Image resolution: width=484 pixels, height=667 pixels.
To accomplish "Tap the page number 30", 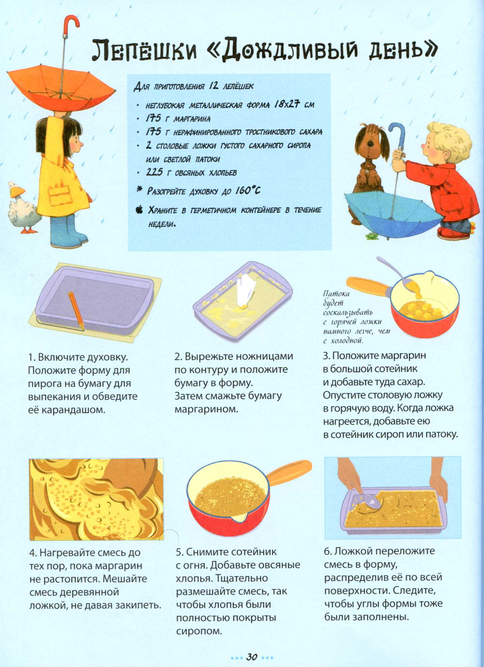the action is pos(252,657).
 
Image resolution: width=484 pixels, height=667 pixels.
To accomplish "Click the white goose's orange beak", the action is pos(17,192).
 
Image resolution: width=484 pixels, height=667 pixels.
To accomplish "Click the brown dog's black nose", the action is pos(370,144).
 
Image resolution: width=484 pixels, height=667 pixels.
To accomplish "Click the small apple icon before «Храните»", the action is pos(139,210).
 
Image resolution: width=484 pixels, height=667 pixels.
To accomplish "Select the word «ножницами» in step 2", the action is pos(264,357).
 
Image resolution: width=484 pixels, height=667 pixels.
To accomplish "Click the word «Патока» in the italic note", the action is pos(336,294).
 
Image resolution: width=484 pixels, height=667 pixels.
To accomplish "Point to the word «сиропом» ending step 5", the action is pos(199,631).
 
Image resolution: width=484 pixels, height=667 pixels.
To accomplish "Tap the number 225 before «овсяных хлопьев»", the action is pos(154,172).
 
